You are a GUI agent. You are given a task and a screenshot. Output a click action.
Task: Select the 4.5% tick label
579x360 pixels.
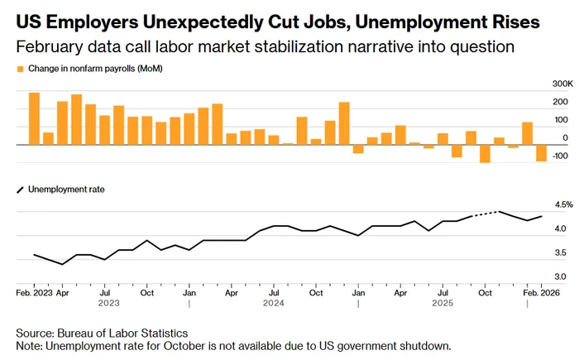(x=540, y=204)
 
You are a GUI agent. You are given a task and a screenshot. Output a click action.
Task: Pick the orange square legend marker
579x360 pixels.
(x=20, y=69)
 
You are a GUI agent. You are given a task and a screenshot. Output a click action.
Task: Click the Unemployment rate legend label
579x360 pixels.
(x=67, y=190)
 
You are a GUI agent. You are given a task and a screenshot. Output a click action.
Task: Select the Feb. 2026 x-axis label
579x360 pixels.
(x=538, y=292)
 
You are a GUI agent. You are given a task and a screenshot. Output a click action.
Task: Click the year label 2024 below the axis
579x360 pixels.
(x=274, y=303)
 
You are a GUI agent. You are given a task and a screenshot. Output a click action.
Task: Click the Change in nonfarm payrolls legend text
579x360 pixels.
(x=96, y=69)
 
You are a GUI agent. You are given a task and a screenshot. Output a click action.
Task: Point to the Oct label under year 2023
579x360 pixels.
(x=146, y=292)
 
